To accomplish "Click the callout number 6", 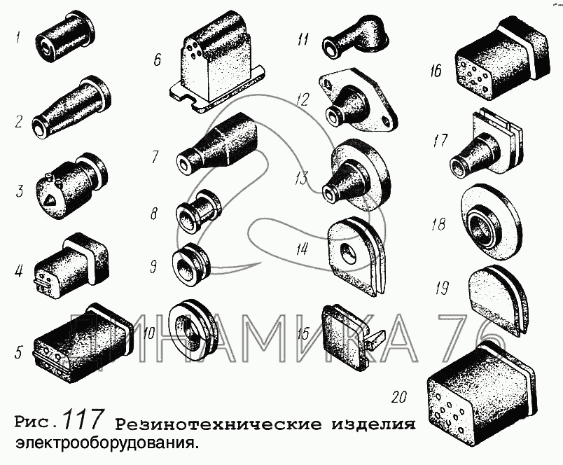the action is coord(158,60).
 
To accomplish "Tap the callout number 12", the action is coord(303,99).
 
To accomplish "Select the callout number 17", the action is coord(440,140).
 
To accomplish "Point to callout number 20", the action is coord(399,397).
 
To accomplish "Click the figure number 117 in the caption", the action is coord(81,419).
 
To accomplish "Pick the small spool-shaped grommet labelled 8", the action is coord(198,211).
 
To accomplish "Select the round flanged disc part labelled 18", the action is coord(489,223).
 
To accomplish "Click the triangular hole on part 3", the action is coord(50,200).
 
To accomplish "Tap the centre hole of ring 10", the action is coord(188,331).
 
